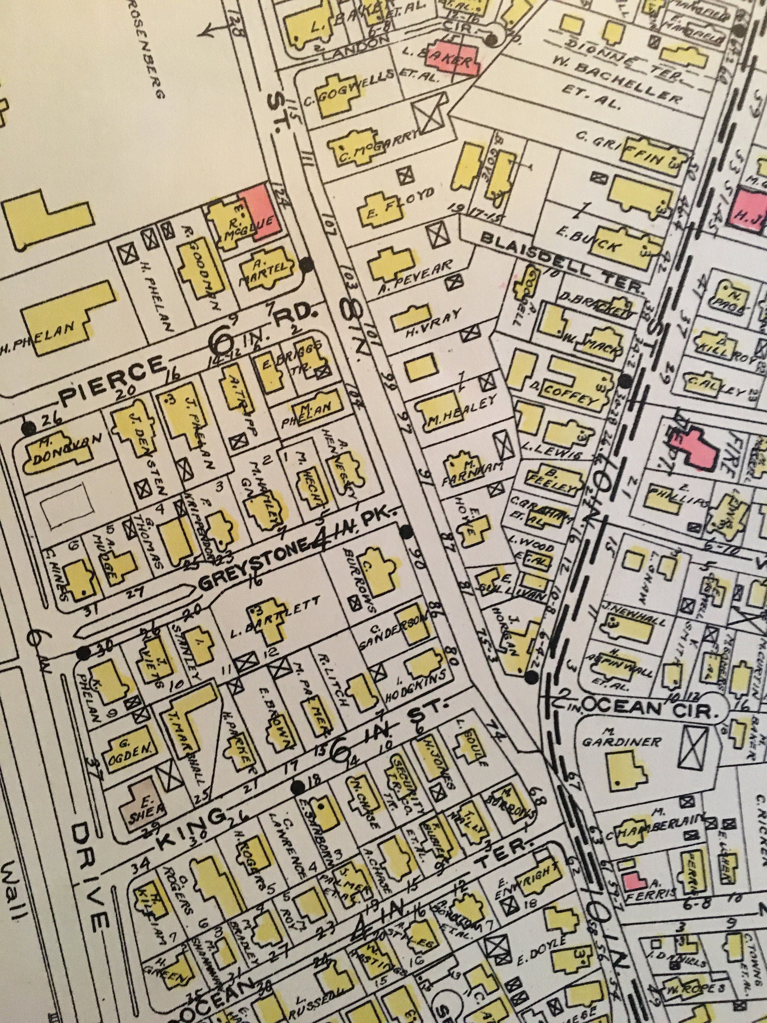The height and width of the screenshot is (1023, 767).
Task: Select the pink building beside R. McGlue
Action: coord(260,212)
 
